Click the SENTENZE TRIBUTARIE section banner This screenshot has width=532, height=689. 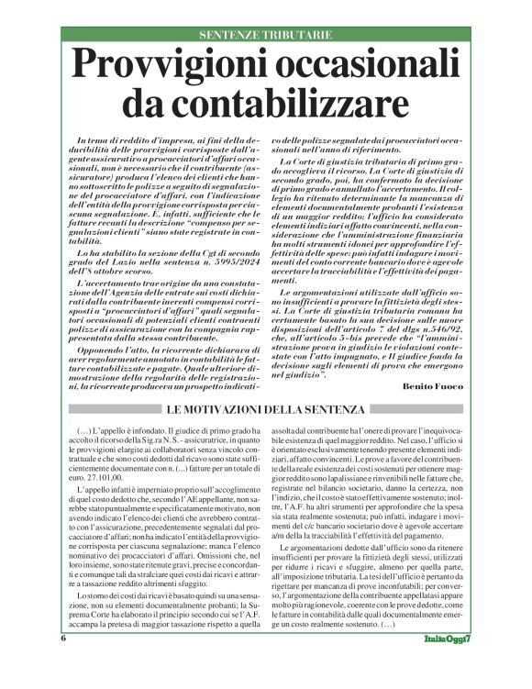click(265, 36)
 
